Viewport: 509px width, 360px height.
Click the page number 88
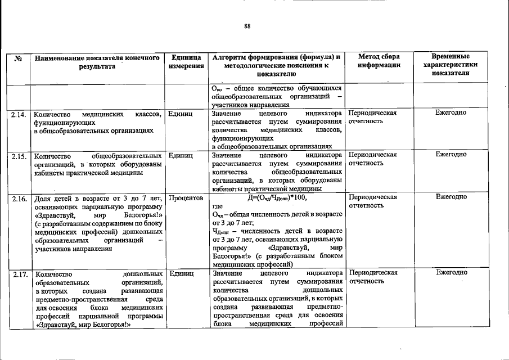point(247,26)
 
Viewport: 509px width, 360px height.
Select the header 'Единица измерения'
point(186,61)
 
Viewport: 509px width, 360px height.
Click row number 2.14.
point(19,114)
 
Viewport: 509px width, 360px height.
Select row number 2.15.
point(19,156)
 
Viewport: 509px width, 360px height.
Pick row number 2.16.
point(19,198)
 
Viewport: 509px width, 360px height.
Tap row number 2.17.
point(19,274)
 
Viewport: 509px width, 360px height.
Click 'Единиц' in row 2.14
point(181,113)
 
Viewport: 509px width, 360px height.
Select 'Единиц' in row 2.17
point(181,273)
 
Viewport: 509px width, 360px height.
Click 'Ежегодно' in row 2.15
point(451,155)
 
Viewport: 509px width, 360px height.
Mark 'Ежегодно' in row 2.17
point(451,273)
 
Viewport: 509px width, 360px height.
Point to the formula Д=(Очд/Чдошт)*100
point(278,197)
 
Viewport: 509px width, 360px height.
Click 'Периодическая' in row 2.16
point(373,197)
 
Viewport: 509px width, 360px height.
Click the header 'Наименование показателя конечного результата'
point(97,61)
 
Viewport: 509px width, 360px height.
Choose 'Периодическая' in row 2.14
point(372,113)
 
